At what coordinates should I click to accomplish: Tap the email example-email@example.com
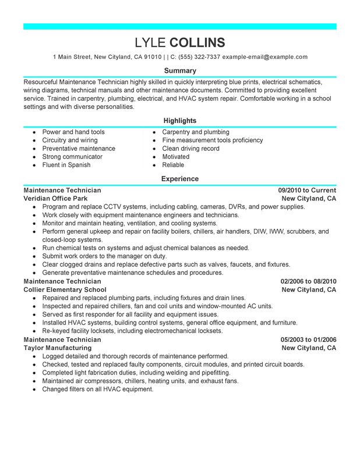click(265, 57)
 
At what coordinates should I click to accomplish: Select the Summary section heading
click(179, 70)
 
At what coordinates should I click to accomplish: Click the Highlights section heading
click(179, 121)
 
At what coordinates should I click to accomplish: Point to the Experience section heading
click(179, 179)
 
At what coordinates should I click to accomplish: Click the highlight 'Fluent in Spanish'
click(66, 165)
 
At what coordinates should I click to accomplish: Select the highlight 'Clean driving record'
click(191, 149)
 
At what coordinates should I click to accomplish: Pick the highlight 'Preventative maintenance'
click(79, 149)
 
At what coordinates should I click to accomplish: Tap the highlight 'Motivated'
click(176, 157)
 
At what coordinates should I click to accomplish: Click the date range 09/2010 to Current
click(307, 190)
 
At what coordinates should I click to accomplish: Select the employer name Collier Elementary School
click(65, 290)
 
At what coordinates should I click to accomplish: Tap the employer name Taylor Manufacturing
click(57, 348)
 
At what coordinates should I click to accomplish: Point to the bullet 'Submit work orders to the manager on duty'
click(104, 256)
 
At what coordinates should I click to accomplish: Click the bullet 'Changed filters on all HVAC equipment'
click(98, 389)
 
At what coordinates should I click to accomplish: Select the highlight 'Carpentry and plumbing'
click(196, 132)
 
